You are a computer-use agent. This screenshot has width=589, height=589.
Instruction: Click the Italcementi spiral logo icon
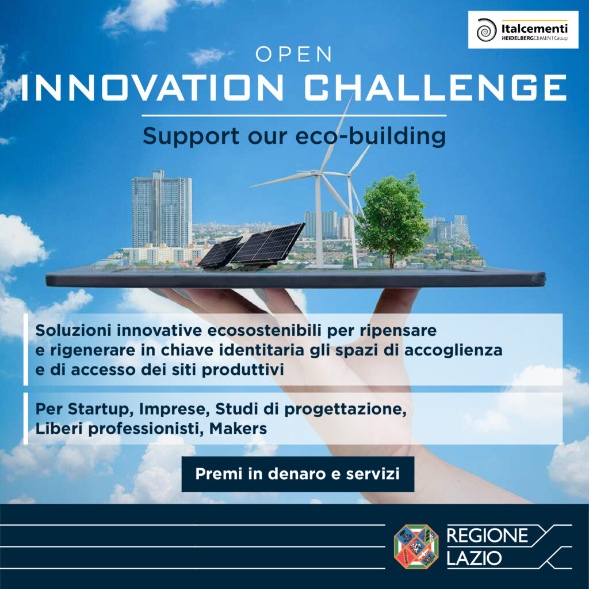487,30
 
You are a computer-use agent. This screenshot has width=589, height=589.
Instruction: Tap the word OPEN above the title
294,54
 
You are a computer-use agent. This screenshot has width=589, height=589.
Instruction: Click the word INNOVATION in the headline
152,87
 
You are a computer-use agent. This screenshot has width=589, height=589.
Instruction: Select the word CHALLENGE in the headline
435,87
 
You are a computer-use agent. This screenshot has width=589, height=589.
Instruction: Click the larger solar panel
267,244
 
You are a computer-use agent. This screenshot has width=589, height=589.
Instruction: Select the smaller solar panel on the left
219,253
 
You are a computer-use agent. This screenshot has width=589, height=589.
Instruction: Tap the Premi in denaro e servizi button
297,474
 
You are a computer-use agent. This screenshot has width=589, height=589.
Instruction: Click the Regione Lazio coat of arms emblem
416,546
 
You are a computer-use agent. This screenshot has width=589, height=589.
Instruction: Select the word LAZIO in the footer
474,558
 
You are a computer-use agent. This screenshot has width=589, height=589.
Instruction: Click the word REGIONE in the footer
487,536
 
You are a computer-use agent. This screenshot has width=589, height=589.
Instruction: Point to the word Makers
238,428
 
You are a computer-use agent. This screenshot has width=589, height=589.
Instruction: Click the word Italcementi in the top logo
534,29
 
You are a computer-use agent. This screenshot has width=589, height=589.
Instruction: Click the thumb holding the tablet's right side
398,300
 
